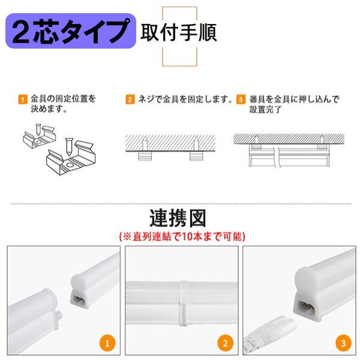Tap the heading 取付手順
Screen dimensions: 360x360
point(179,31)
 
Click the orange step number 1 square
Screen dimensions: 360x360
point(22,99)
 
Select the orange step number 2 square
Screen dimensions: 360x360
point(130,99)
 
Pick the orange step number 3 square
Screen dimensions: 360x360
point(241,99)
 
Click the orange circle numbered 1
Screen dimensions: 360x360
point(107,344)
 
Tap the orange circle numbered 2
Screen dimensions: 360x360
point(223,344)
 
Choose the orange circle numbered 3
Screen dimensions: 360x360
point(342,344)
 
